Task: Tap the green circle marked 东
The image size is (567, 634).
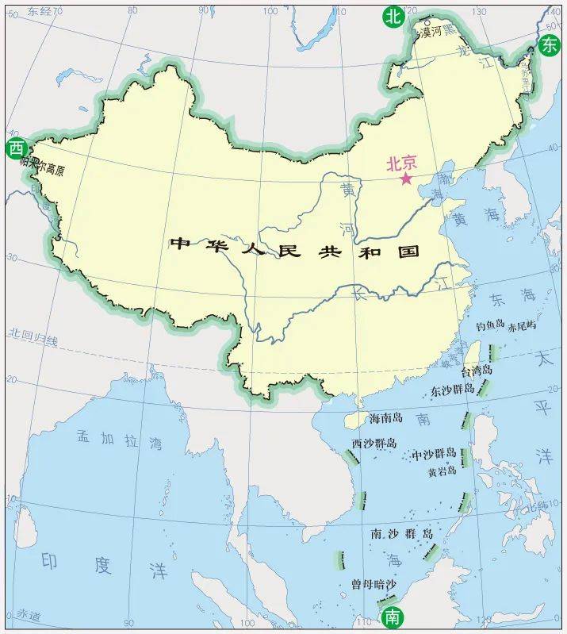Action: (549, 45)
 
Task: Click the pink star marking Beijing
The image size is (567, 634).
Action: (406, 179)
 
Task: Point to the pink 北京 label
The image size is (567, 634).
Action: (400, 163)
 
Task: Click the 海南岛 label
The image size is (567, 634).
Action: (386, 418)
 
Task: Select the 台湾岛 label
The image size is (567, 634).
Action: (477, 371)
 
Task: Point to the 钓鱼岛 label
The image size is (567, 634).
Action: (490, 326)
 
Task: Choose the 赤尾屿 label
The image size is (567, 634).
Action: (523, 326)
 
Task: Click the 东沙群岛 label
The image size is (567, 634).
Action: (453, 390)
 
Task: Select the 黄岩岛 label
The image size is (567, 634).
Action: (442, 471)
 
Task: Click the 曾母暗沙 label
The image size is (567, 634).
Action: (373, 584)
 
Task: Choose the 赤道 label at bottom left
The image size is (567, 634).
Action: (28, 615)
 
